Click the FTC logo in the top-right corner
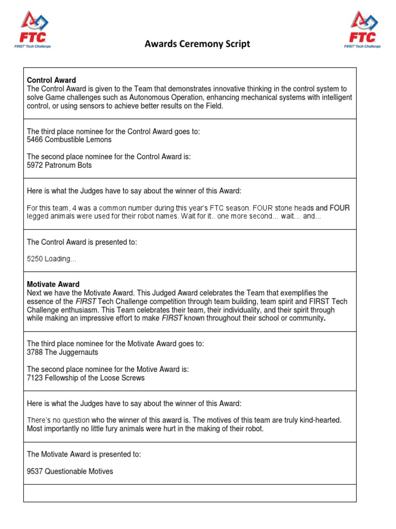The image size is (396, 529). [362, 30]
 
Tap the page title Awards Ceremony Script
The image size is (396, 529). [197, 44]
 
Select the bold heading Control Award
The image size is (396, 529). [51, 80]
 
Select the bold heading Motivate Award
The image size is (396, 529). [53, 284]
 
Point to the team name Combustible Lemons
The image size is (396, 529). [78, 139]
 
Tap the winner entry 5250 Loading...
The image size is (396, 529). [51, 259]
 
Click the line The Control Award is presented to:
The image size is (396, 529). [82, 242]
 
